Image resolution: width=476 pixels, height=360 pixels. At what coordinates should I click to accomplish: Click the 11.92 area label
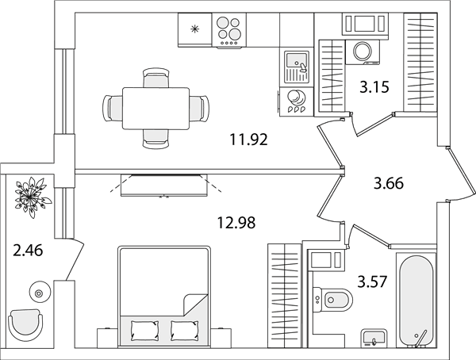[x=248, y=140]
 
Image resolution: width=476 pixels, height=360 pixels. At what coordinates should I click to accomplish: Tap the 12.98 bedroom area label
[x=236, y=223]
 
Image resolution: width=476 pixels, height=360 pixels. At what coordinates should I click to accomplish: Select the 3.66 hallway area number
[x=389, y=184]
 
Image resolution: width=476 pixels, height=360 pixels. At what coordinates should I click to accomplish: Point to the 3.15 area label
[x=374, y=87]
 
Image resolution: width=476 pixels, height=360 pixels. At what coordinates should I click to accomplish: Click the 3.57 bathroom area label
[x=373, y=282]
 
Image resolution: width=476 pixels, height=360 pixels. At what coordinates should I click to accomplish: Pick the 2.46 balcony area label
[x=29, y=251]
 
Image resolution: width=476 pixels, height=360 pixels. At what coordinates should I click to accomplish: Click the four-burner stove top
[x=229, y=30]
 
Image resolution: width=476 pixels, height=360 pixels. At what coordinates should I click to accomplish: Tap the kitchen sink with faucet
[x=296, y=67]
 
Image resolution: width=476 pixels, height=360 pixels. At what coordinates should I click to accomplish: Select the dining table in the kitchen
[x=156, y=109]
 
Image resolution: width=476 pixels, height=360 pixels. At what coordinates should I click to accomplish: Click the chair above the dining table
[x=155, y=78]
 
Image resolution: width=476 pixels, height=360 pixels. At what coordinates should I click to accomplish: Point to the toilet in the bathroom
[x=332, y=301]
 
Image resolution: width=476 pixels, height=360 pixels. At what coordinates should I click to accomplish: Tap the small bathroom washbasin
[x=374, y=339]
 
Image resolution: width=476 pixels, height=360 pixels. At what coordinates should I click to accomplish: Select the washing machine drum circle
[x=363, y=51]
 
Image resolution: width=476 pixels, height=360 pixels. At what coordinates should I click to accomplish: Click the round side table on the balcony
[x=39, y=292]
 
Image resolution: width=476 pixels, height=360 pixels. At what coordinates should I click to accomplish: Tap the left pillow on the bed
[x=144, y=331]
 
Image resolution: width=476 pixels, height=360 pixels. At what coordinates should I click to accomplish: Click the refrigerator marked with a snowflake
[x=194, y=29]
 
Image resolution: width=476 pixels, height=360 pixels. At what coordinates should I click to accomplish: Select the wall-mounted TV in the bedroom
[x=164, y=186]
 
